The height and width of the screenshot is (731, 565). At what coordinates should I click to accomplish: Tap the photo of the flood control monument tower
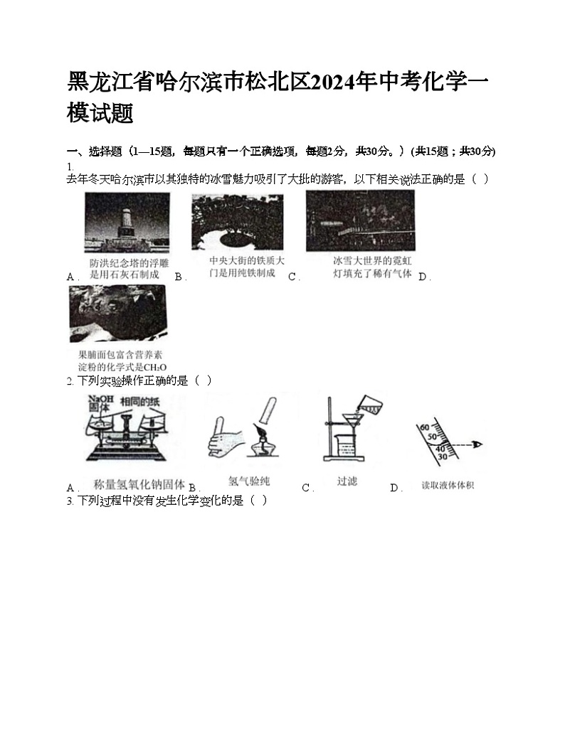(x=127, y=223)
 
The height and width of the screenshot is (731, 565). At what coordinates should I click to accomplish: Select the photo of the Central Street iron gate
(x=236, y=222)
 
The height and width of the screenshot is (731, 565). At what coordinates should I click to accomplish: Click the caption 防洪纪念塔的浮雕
(x=129, y=263)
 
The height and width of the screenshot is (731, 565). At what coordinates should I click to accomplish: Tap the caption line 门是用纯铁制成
(x=241, y=273)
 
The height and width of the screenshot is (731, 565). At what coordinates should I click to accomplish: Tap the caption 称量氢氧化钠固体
(x=139, y=484)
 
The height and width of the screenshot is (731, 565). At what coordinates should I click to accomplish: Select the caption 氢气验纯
(x=248, y=481)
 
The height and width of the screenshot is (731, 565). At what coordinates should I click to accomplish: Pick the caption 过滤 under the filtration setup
(x=347, y=481)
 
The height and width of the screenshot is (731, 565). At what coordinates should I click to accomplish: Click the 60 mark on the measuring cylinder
(x=425, y=427)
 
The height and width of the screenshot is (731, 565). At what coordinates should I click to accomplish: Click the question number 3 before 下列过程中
(x=70, y=501)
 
